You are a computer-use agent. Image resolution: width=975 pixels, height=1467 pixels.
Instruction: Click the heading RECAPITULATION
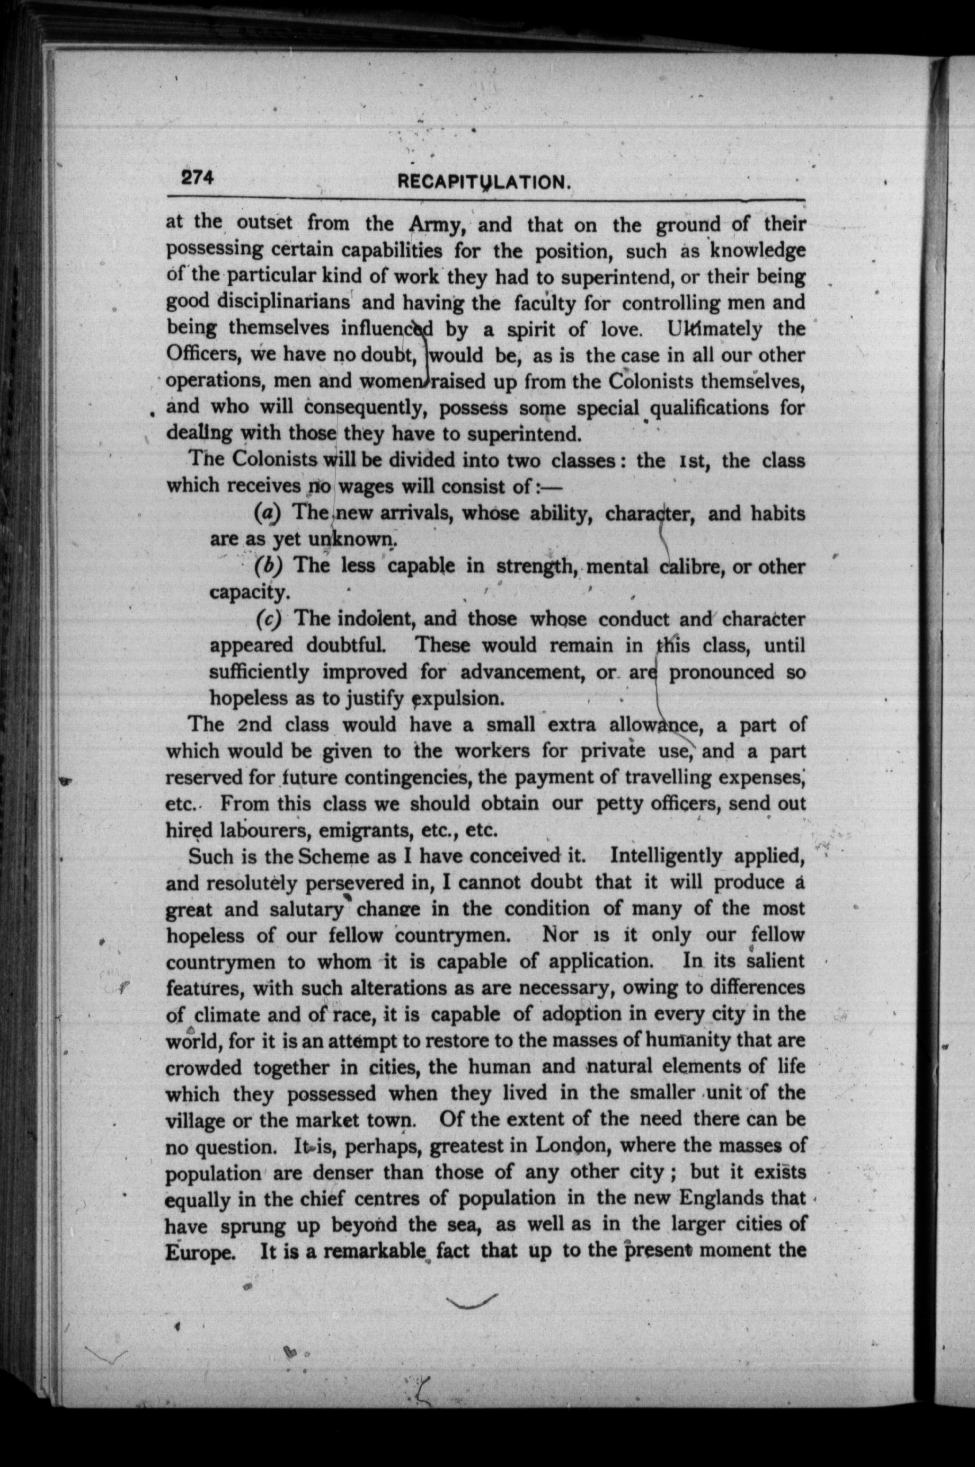click(x=483, y=182)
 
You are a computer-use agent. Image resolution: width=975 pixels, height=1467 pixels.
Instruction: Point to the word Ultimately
click(x=713, y=329)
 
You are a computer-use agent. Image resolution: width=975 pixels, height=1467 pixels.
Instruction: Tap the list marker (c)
click(x=268, y=619)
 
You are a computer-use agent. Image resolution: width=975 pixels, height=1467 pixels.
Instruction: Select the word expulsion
click(x=459, y=698)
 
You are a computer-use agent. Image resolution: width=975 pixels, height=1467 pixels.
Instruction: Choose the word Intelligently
click(x=666, y=856)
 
